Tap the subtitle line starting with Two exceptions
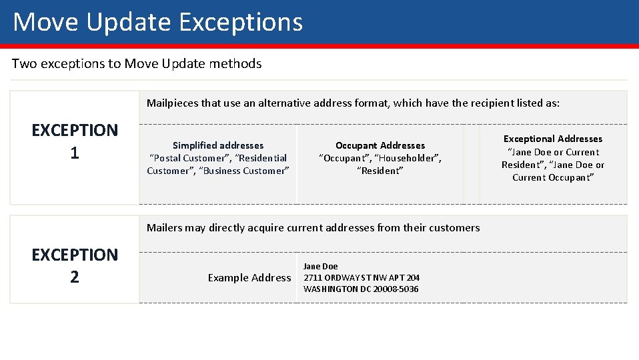tap(137, 64)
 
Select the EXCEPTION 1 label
tap(75, 141)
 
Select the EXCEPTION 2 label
tap(75, 265)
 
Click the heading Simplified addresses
tap(218, 145)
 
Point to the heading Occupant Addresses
tap(380, 145)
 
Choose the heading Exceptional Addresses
tap(553, 139)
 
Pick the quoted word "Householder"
tap(408, 158)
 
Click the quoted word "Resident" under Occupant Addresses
tap(380, 171)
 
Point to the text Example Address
tap(249, 277)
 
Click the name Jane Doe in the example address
tap(321, 267)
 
